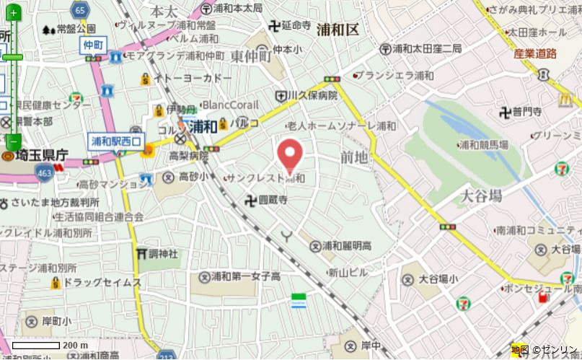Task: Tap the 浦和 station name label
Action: (x=204, y=126)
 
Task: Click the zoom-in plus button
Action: (x=14, y=13)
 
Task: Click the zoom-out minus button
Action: (x=14, y=141)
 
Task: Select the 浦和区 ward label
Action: (x=338, y=30)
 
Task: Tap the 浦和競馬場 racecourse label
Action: (x=485, y=145)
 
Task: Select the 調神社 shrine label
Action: (x=162, y=254)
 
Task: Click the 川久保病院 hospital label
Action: (x=312, y=95)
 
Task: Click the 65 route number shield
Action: (x=80, y=10)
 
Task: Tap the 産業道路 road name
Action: (x=535, y=53)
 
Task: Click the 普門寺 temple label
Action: (x=526, y=111)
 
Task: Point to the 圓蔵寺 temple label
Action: (x=271, y=200)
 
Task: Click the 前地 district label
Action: (x=354, y=157)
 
